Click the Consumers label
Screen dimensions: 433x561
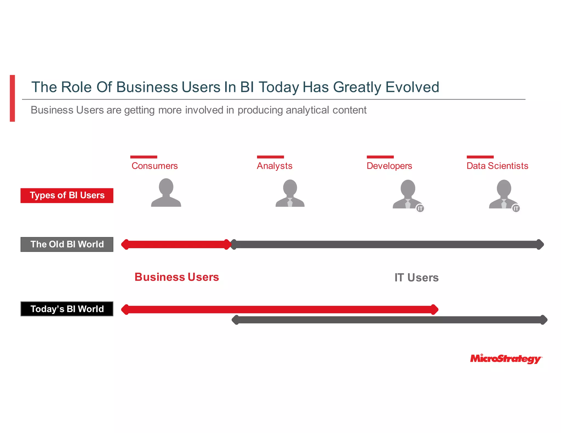(154, 166)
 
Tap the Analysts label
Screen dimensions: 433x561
(274, 166)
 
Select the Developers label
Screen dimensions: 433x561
(389, 166)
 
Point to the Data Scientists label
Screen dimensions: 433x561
(497, 166)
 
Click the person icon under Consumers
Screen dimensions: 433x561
(166, 193)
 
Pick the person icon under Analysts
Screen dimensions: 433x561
(290, 193)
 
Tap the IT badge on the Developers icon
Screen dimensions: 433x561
(420, 209)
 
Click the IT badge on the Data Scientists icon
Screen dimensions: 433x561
(516, 209)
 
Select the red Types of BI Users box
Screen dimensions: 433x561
(67, 195)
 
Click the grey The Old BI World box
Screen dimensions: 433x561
(67, 244)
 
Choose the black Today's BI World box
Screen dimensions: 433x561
(67, 309)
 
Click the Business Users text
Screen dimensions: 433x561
(177, 277)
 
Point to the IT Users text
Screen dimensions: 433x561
(416, 278)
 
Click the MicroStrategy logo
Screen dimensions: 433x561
(506, 359)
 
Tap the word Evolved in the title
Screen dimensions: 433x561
(412, 87)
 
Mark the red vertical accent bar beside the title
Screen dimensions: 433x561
(12, 98)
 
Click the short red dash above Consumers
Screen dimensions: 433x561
(144, 157)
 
